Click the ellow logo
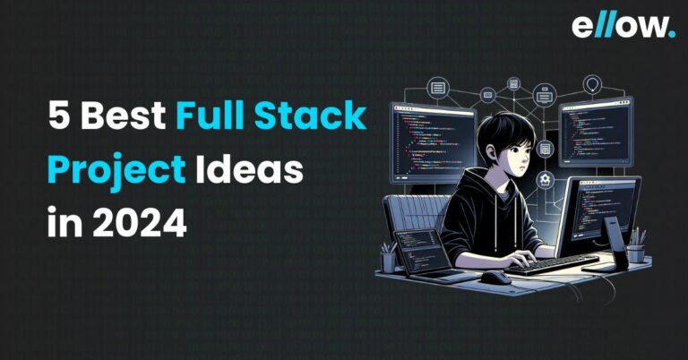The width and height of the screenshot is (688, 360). (x=623, y=26)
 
